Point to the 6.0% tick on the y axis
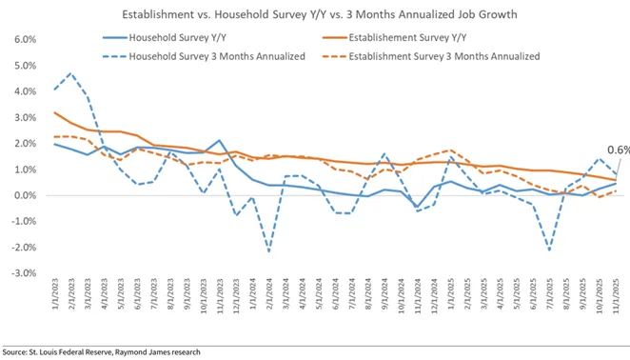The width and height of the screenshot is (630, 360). [x=22, y=40]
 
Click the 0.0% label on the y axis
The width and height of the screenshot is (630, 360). [x=22, y=196]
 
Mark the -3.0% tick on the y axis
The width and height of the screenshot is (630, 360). [x=20, y=273]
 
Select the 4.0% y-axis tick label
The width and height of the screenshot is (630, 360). [x=22, y=92]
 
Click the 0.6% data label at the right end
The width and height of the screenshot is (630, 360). [x=618, y=150]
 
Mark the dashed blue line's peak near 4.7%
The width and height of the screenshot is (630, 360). [x=71, y=73]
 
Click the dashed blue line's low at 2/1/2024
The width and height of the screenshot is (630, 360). [x=269, y=251]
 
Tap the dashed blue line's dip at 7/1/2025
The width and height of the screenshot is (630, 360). [x=550, y=250]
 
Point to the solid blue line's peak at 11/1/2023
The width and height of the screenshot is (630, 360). [x=219, y=141]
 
